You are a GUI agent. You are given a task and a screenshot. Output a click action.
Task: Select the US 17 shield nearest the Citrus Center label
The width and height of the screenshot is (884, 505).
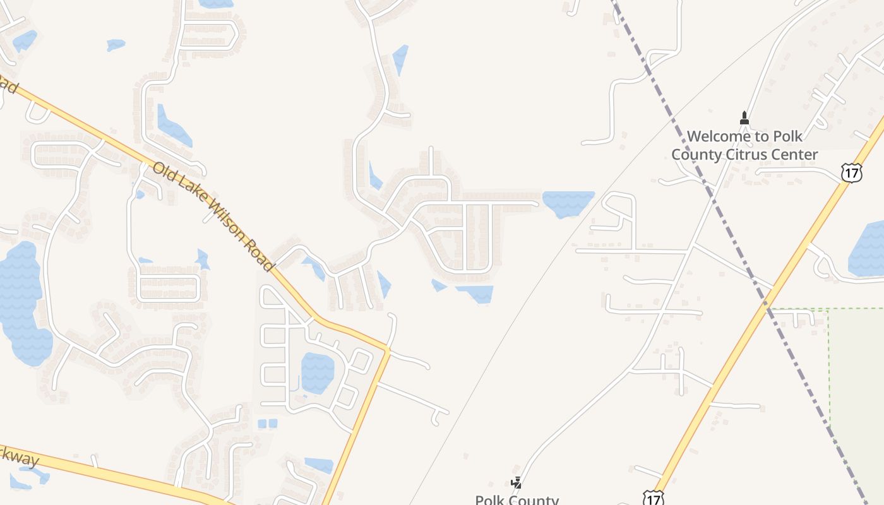pyautogui.click(x=851, y=172)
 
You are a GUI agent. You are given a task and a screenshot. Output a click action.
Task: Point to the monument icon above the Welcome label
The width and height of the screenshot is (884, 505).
pyautogui.click(x=744, y=118)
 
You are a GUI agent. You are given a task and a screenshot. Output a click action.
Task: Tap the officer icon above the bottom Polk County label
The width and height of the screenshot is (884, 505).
pyautogui.click(x=517, y=483)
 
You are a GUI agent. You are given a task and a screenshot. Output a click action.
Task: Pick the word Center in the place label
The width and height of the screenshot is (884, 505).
pyautogui.click(x=794, y=155)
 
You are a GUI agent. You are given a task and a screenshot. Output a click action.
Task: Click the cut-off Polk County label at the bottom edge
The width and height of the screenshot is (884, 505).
pyautogui.click(x=517, y=499)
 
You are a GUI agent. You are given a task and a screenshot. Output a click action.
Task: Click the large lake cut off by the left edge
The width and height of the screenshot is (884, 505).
pyautogui.click(x=22, y=297)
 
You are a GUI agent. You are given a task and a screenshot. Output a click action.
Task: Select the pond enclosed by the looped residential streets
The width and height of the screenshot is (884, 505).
pyautogui.click(x=317, y=372)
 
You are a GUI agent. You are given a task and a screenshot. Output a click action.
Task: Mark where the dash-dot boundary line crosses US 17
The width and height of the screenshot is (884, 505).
pyautogui.click(x=768, y=307)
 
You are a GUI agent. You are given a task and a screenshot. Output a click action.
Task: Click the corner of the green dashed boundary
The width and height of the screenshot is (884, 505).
pyautogui.click(x=828, y=309)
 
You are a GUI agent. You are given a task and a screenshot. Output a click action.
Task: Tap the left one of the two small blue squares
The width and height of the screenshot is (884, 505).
pyautogui.click(x=262, y=424)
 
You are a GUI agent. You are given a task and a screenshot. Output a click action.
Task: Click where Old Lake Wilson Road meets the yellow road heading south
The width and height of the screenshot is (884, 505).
pyautogui.click(x=388, y=349)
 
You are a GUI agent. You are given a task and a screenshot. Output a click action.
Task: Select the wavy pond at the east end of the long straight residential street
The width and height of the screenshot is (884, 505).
pyautogui.click(x=567, y=203)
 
